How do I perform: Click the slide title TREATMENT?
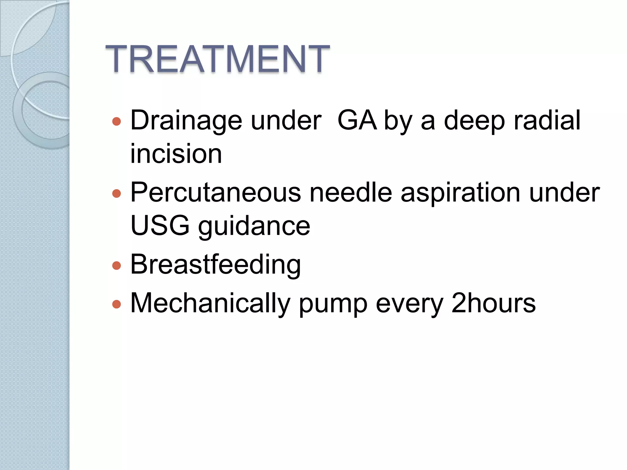(217, 59)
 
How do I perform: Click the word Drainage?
(186, 121)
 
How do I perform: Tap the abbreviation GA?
(357, 121)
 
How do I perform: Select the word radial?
(547, 121)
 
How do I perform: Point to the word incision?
(176, 154)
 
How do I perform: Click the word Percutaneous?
(216, 193)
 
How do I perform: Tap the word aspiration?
(460, 193)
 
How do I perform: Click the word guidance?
(254, 226)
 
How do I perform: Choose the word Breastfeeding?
(216, 264)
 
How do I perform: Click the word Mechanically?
(210, 304)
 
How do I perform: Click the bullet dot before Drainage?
(117, 122)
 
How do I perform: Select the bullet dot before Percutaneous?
(117, 194)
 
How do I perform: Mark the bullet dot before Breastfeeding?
(117, 265)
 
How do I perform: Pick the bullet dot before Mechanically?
(117, 304)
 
